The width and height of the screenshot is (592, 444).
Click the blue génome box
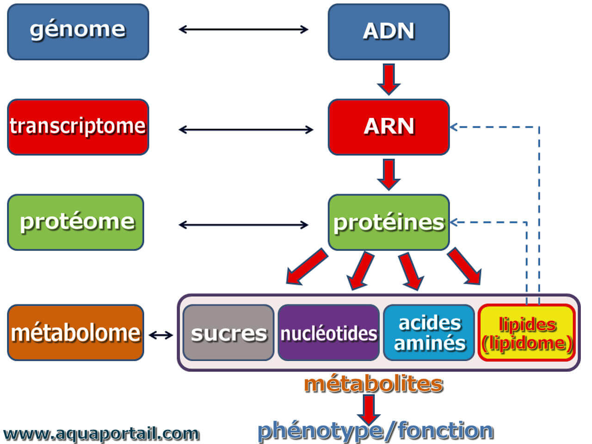(x=78, y=32)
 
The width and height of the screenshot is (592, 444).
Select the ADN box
(x=388, y=32)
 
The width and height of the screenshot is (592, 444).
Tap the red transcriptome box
(x=78, y=127)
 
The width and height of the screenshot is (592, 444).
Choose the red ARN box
(x=388, y=127)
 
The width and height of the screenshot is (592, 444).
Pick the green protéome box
(x=75, y=222)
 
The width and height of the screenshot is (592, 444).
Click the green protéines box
(x=388, y=222)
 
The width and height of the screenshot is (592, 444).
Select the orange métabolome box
(x=75, y=333)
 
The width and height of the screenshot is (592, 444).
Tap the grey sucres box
(x=228, y=333)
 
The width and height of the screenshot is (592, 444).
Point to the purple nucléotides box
(x=328, y=333)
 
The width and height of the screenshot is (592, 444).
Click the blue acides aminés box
(x=429, y=333)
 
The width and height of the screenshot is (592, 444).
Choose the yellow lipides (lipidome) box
(x=527, y=333)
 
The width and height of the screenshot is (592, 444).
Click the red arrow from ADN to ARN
(x=388, y=79)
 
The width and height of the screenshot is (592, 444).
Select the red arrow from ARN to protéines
(x=388, y=174)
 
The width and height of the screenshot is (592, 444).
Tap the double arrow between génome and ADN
(x=243, y=30)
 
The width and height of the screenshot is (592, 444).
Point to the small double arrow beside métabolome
(x=161, y=335)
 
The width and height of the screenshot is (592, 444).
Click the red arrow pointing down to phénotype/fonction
(x=369, y=410)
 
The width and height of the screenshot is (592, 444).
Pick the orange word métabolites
(x=374, y=384)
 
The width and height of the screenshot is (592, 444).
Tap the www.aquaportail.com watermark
(x=101, y=434)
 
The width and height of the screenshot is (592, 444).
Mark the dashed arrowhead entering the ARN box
(x=454, y=127)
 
